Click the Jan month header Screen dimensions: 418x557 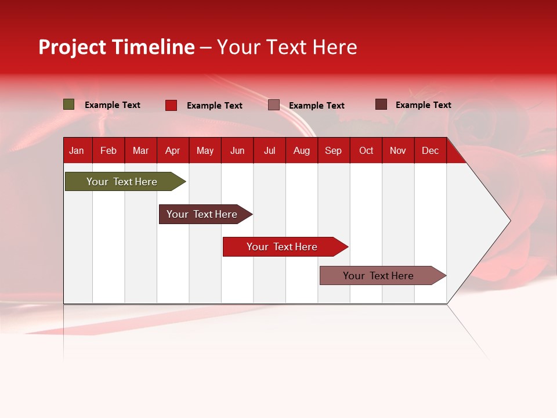tap(77, 150)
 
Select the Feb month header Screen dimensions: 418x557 tap(108, 150)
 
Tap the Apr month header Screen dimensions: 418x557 tap(172, 150)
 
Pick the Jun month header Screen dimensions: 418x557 tap(237, 150)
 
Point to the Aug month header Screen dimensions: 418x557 tap(302, 150)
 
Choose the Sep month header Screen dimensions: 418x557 tap(333, 150)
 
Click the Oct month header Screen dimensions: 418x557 tap(366, 150)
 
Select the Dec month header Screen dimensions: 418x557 tap(430, 150)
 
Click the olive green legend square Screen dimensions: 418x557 tap(69, 105)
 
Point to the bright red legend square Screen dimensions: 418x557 tap(171, 105)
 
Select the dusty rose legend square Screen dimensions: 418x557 tap(274, 105)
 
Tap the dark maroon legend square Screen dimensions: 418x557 tap(381, 105)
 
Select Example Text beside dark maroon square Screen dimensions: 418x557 tap(423, 105)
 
